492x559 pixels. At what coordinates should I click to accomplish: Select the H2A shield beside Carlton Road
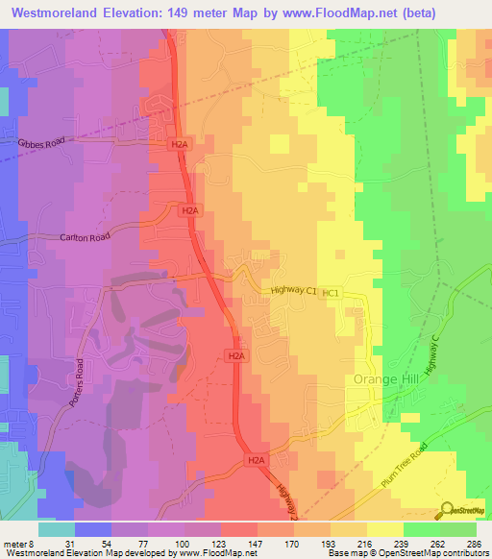click(x=189, y=210)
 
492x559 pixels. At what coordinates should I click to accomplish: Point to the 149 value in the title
click(x=204, y=13)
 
